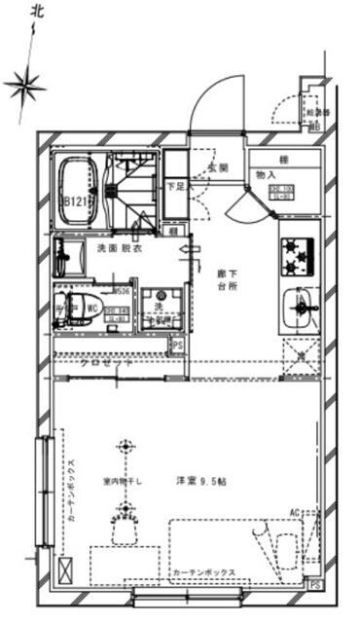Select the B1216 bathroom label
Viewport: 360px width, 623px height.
click(x=78, y=202)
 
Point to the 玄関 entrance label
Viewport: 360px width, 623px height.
click(x=217, y=168)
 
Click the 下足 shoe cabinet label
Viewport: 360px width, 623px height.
click(x=176, y=185)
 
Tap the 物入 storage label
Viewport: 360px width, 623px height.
click(x=266, y=174)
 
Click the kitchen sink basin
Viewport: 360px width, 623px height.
click(x=298, y=311)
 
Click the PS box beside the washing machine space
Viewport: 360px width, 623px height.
click(x=177, y=345)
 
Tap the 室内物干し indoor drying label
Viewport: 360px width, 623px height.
click(x=124, y=480)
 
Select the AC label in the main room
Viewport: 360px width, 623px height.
click(x=295, y=511)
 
